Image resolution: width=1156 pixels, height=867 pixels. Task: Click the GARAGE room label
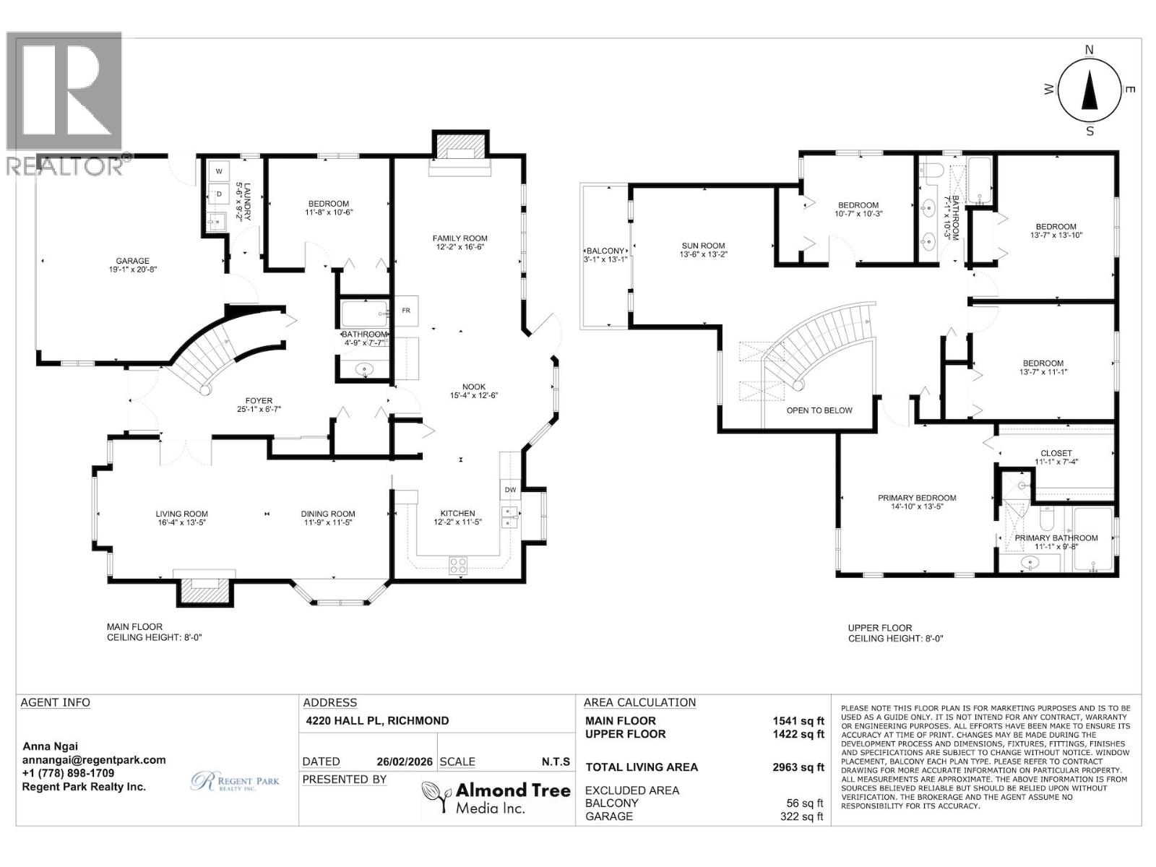133,261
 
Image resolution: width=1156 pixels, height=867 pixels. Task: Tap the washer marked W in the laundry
219,171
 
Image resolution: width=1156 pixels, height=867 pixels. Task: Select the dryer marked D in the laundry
219,194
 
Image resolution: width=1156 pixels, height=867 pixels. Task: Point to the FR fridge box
406,311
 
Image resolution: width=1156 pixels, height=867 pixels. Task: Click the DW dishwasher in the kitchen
510,490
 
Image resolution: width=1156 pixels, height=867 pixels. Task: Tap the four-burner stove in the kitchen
457,566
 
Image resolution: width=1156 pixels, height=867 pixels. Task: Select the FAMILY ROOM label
460,238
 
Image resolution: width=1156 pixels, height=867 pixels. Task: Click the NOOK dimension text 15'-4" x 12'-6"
474,395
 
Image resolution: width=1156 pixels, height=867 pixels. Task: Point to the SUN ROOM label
703,246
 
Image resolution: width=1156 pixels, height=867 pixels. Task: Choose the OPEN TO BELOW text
819,410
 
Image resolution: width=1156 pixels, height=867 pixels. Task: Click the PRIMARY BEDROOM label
917,498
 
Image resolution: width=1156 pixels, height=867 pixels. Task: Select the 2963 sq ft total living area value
798,767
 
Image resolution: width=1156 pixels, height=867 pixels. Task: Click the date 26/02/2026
405,762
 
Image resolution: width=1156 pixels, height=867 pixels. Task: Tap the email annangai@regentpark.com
94,760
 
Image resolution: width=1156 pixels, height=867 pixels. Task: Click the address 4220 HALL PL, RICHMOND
378,720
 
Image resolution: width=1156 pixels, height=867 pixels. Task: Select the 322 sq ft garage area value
801,816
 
